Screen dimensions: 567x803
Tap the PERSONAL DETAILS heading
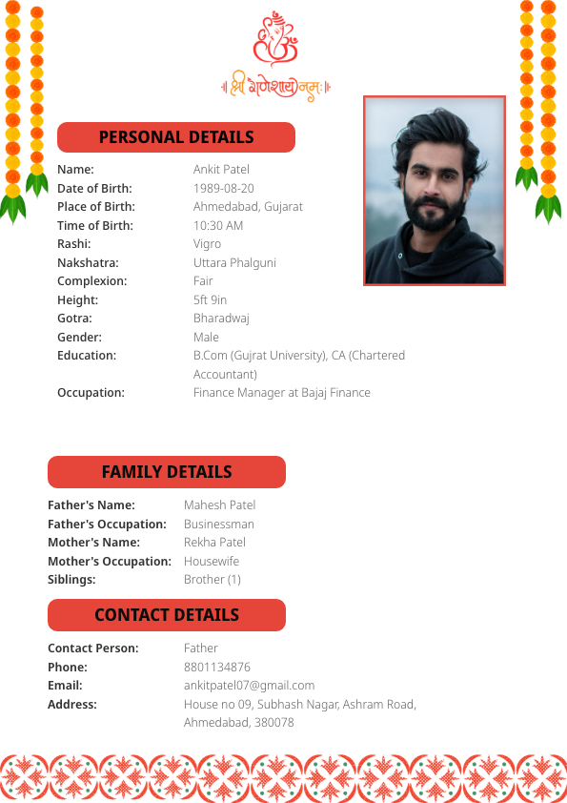tap(176, 137)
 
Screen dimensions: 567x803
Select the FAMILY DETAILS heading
tap(167, 472)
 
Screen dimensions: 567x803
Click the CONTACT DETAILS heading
tap(167, 615)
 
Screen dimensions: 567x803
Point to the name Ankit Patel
tap(221, 170)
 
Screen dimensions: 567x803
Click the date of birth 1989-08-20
tap(224, 188)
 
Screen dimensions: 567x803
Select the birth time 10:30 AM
tap(218, 226)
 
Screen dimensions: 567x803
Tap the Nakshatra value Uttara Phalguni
tap(234, 263)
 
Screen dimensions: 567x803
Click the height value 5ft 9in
tap(210, 300)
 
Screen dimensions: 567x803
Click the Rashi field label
tap(74, 244)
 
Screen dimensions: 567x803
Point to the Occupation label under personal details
tap(91, 393)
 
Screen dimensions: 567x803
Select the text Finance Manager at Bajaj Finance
tap(282, 393)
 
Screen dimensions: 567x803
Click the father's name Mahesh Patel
tap(219, 505)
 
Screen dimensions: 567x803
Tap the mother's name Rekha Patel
tap(214, 543)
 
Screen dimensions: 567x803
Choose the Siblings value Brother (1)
tap(212, 580)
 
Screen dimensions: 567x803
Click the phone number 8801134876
tap(217, 668)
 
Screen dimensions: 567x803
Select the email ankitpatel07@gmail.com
tap(249, 686)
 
